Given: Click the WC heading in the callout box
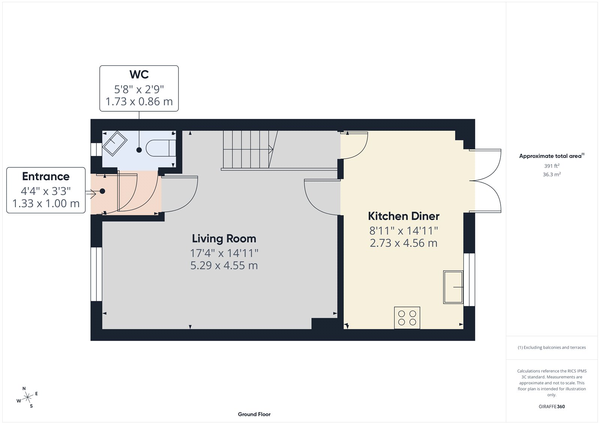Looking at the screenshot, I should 139,75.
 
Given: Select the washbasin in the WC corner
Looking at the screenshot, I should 115,143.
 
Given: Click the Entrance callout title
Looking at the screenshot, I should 46,177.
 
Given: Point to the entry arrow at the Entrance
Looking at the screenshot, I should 91,193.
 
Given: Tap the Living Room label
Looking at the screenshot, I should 224,239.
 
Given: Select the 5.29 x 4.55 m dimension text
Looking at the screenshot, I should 224,265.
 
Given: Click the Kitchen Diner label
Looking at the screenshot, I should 403,216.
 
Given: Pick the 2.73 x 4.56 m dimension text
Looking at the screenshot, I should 403,243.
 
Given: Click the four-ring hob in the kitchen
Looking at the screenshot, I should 407,318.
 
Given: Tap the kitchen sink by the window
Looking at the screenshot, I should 453,287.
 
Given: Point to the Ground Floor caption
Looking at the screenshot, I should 254,414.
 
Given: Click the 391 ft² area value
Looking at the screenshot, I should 552,166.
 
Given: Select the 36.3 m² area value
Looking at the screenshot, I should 552,174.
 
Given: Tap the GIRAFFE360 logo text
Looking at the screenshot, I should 552,406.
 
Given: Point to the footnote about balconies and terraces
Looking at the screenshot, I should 552,348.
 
